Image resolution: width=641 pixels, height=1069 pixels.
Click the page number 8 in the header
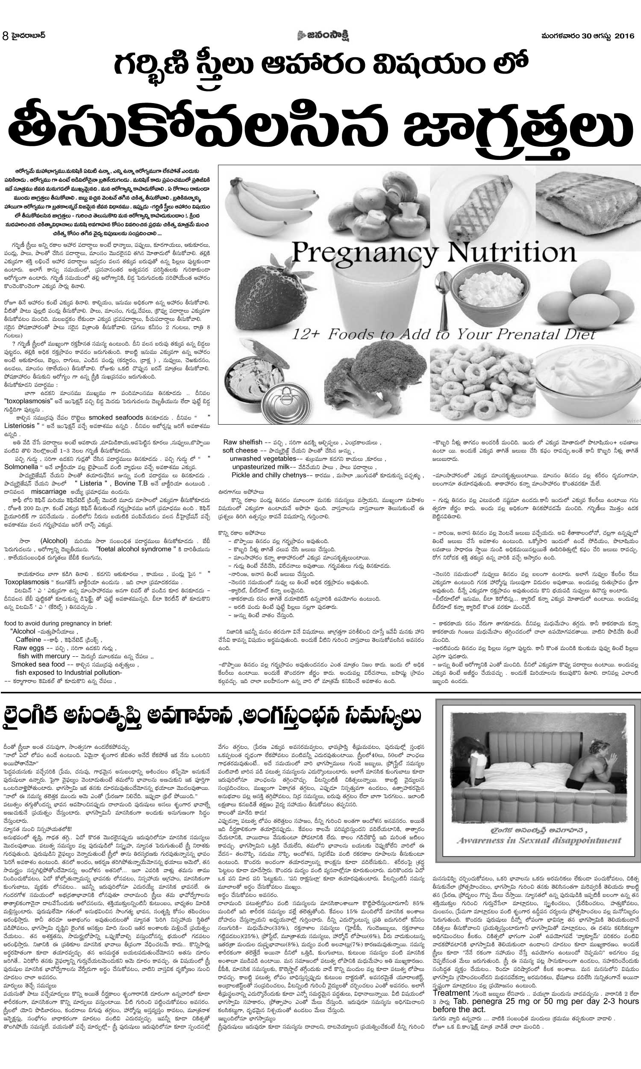click(x=5, y=36)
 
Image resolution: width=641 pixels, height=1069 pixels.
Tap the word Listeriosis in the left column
click(x=19, y=425)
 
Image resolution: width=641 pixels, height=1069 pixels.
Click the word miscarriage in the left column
click(x=49, y=492)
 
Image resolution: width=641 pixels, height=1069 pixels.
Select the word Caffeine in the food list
click(x=29, y=639)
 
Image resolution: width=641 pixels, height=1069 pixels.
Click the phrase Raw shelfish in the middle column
click(x=243, y=442)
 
